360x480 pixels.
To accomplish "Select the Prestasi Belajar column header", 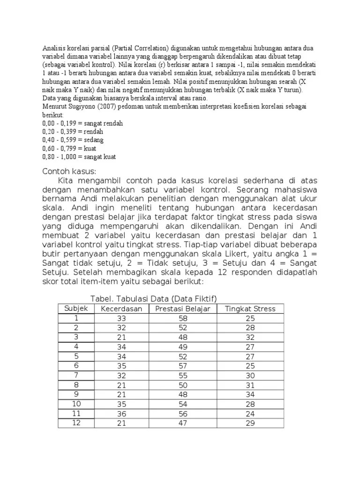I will (x=183, y=308).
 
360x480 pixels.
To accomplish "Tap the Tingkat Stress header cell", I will (x=250, y=308).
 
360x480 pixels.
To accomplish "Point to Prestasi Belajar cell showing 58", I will (x=183, y=318).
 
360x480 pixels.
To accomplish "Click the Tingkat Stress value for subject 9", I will (x=250, y=394).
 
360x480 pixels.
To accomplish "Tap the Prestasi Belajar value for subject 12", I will (x=183, y=423).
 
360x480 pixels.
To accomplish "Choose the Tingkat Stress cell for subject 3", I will (x=250, y=337).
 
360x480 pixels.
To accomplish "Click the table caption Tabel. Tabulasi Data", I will (x=154, y=299).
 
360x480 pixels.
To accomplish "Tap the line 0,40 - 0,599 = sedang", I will (x=73, y=140).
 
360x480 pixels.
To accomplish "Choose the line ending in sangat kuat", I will (x=79, y=157).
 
